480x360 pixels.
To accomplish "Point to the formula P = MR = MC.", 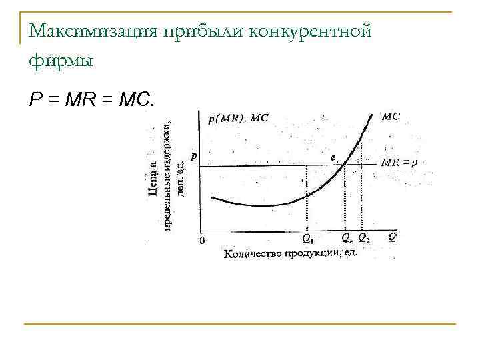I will pos(91,100).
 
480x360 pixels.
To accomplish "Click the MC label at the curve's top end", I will pos(391,115).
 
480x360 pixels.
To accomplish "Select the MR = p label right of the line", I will pos(399,163).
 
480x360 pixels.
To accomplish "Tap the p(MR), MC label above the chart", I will pos(238,119).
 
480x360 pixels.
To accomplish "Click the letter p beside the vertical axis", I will pos(193,156).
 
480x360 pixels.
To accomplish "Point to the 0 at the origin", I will pos(202,240).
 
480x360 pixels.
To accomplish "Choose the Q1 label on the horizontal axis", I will pos(308,237).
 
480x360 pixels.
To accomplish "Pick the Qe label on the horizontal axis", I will pos(347,237).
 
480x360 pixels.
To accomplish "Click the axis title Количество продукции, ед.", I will pos(291,253).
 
